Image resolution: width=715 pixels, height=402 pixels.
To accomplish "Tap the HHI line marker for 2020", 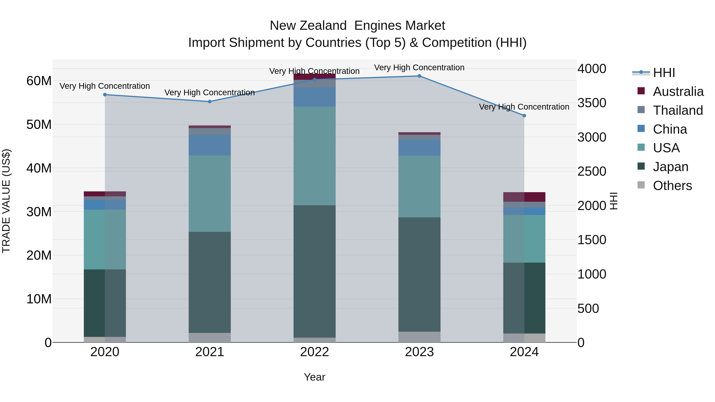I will (105, 95).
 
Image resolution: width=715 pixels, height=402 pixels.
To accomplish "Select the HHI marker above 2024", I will (524, 116).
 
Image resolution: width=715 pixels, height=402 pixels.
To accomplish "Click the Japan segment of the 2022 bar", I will (314, 271).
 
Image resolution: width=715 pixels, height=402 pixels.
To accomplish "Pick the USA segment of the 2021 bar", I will (210, 194).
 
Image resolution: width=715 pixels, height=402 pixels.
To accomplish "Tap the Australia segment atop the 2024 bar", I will (524, 197).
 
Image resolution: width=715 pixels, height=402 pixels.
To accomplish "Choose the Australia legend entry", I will (678, 92).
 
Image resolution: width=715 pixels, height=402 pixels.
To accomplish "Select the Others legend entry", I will (672, 186).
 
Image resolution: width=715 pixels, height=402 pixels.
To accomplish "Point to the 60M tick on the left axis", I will (39, 81).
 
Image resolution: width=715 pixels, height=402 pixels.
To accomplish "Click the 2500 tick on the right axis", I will (592, 172).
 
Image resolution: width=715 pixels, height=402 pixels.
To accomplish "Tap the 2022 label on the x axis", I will (314, 352).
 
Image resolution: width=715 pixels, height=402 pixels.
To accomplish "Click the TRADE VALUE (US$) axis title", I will (6, 201).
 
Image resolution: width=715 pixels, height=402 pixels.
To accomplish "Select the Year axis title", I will (314, 377).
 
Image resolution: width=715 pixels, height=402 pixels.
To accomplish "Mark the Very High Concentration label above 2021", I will (210, 92).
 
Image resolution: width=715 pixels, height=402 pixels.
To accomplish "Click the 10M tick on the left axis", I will (39, 299).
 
